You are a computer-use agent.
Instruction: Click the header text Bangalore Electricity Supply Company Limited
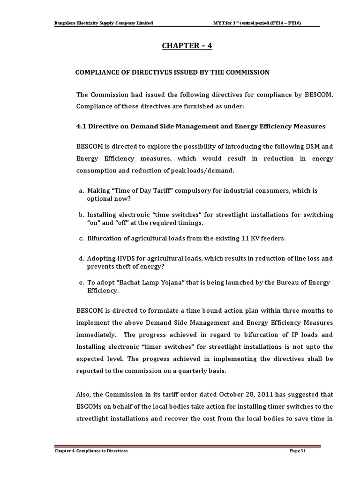pyautogui.click(x=104, y=23)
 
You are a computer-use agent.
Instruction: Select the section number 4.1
pyautogui.click(x=82, y=127)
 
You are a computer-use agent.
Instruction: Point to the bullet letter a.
pyautogui.click(x=81, y=191)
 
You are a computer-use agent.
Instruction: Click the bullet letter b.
pyautogui.click(x=81, y=215)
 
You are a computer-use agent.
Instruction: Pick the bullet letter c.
pyautogui.click(x=81, y=239)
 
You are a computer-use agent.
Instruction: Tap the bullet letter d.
pyautogui.click(x=81, y=258)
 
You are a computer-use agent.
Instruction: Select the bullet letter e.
pyautogui.click(x=81, y=283)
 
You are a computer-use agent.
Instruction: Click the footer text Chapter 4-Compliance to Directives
pyautogui.click(x=90, y=450)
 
